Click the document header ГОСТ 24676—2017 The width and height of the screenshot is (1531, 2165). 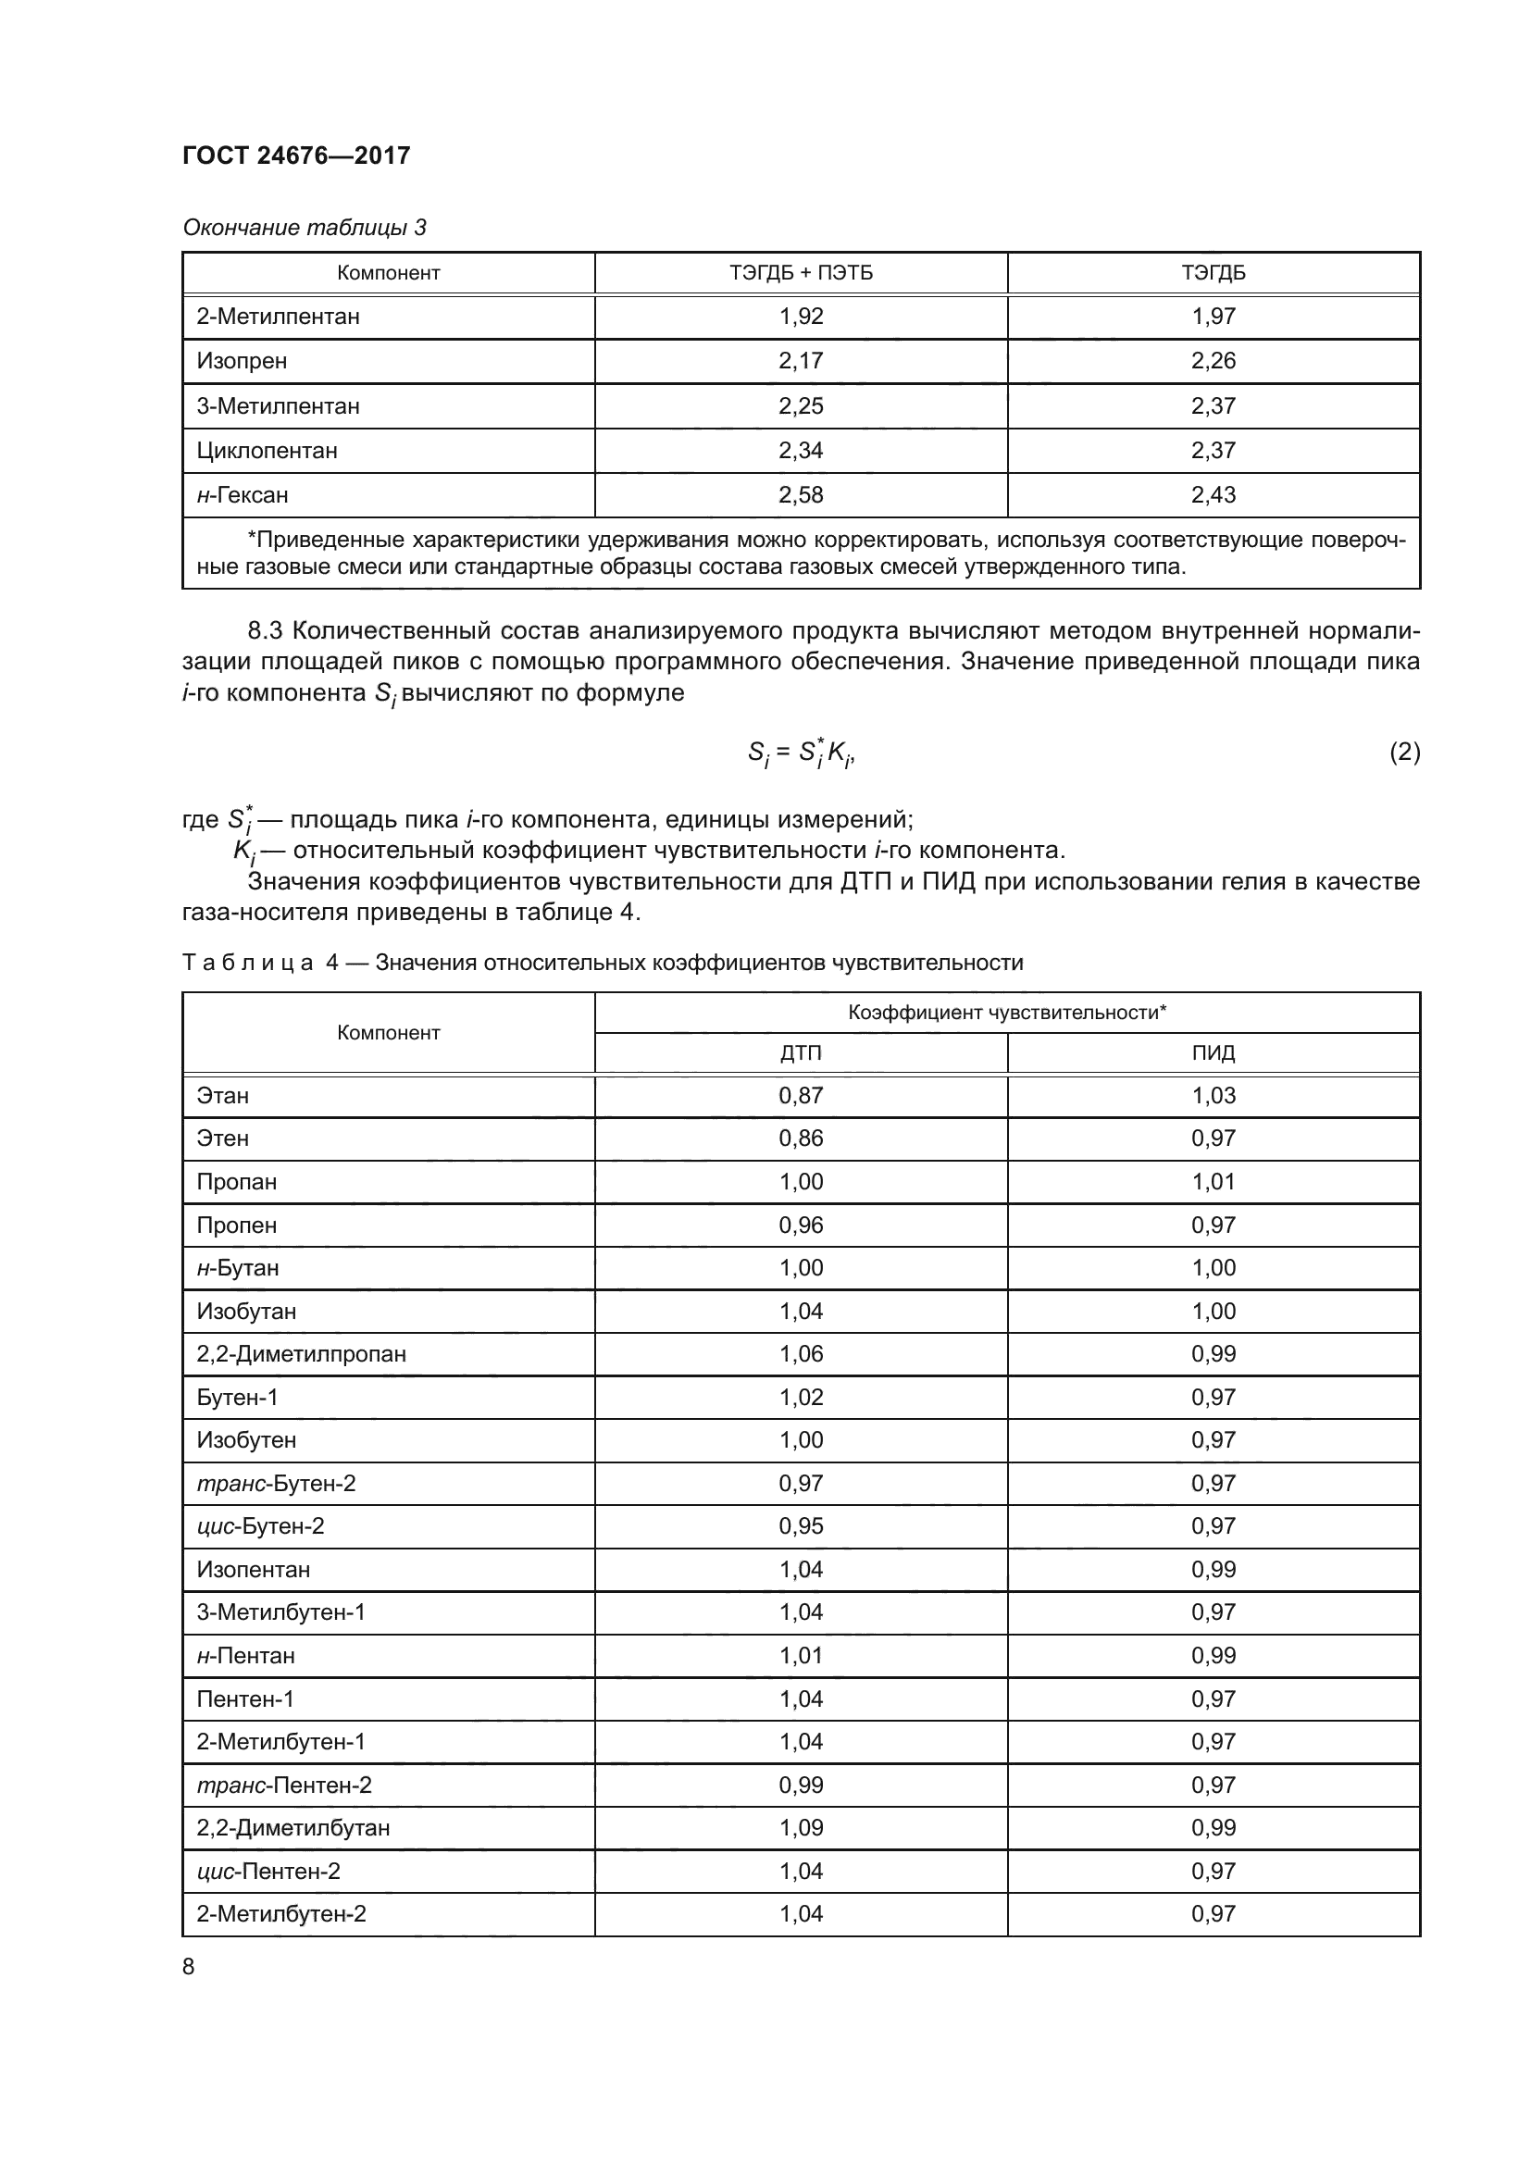(x=296, y=156)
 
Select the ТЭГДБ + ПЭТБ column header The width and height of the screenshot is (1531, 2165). (x=801, y=273)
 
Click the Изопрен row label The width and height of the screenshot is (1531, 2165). (x=242, y=361)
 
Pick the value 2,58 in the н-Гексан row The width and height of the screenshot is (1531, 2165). (x=801, y=495)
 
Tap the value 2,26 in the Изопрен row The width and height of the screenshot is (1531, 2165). (x=1213, y=361)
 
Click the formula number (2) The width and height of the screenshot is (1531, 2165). (x=1404, y=752)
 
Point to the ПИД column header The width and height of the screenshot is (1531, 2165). (x=1213, y=1053)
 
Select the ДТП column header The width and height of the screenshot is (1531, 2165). (x=801, y=1053)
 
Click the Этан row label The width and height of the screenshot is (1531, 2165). (x=222, y=1096)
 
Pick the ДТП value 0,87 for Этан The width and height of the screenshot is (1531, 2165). (x=801, y=1096)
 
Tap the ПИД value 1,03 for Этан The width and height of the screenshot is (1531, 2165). (x=1213, y=1096)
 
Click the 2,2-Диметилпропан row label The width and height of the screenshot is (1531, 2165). (x=301, y=1354)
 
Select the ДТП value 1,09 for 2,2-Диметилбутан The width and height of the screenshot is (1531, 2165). (x=801, y=1827)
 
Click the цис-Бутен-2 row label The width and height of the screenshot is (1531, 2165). (x=260, y=1525)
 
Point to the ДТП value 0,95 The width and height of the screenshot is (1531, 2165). (x=801, y=1525)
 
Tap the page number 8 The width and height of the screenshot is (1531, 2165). (x=189, y=1967)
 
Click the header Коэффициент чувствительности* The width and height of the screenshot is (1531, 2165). (x=1007, y=1013)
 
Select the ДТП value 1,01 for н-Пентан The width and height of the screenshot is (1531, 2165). (x=801, y=1656)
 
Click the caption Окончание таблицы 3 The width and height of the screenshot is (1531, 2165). (x=304, y=228)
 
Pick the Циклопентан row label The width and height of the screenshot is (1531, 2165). (x=267, y=451)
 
